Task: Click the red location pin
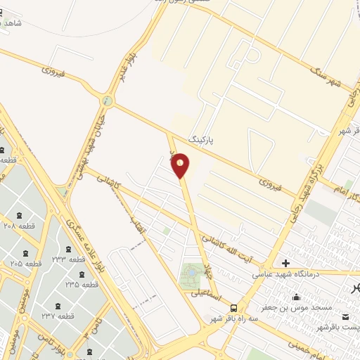[x=181, y=165]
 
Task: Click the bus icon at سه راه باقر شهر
[x=233, y=307]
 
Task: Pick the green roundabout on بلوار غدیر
[x=106, y=101]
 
